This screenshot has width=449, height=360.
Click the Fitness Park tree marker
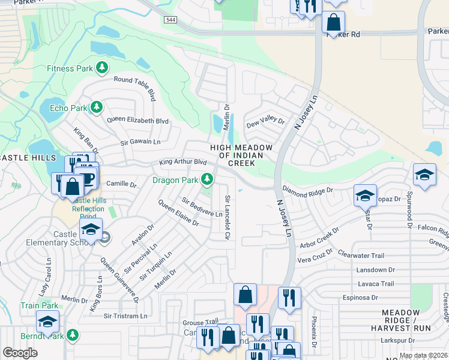(103, 68)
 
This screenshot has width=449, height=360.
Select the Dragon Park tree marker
(207, 179)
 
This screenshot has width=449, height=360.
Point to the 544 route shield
(170, 20)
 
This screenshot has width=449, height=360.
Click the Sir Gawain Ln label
(140, 142)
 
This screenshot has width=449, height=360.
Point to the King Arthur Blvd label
(182, 162)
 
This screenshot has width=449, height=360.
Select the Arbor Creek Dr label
(319, 238)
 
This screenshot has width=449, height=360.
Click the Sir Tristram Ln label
(125, 316)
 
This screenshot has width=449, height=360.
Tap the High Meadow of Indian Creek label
(241, 155)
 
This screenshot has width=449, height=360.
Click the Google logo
(20, 352)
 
